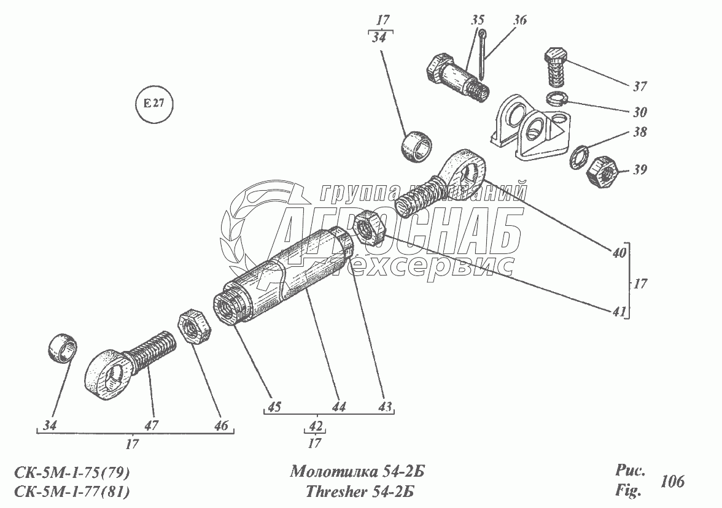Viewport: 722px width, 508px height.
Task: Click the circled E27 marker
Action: pyautogui.click(x=153, y=104)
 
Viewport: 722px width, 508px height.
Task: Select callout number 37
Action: pyautogui.click(x=640, y=87)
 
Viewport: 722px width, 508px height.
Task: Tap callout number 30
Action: pyautogui.click(x=640, y=112)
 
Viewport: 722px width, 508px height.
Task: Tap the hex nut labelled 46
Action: pyautogui.click(x=193, y=327)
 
